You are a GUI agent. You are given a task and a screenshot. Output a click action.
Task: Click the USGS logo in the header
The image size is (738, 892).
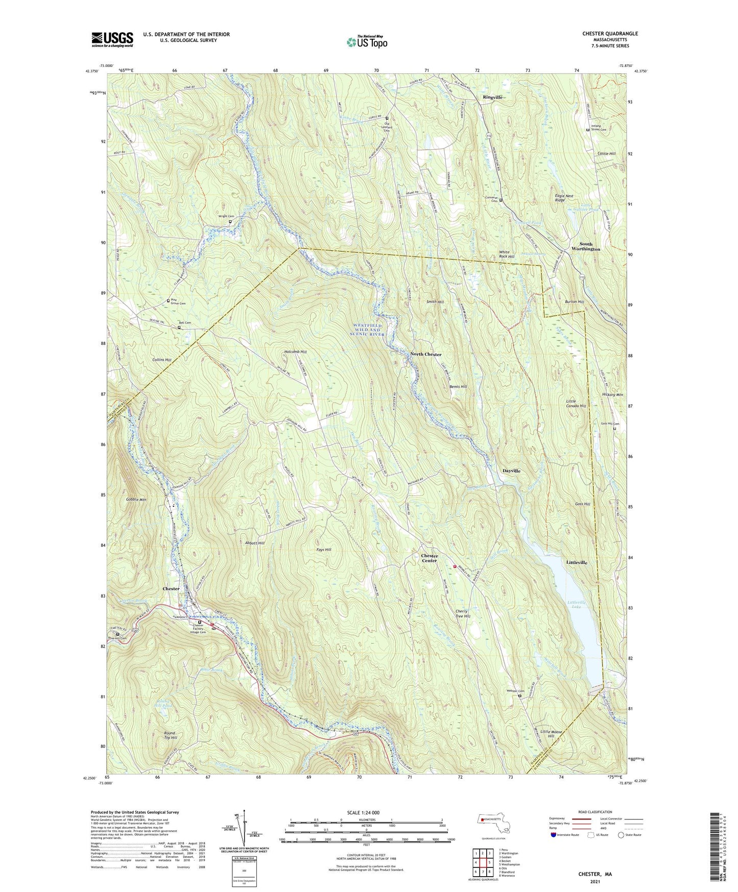pyautogui.click(x=112, y=39)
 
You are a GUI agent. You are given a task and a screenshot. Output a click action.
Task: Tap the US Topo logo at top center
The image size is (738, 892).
pyautogui.click(x=367, y=42)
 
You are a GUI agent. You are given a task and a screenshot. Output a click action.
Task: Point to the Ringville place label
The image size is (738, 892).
pyautogui.click(x=493, y=97)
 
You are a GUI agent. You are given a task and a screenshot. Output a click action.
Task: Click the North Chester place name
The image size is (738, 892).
pyautogui.click(x=426, y=354)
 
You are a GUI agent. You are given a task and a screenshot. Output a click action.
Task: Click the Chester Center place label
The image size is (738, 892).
pyautogui.click(x=430, y=558)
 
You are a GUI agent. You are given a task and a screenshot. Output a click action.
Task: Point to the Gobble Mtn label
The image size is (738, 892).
pyautogui.click(x=136, y=500)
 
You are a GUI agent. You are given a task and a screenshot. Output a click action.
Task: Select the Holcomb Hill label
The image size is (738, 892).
pyautogui.click(x=296, y=352)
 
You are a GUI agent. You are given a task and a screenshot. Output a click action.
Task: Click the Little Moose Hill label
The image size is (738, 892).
pyautogui.click(x=551, y=734)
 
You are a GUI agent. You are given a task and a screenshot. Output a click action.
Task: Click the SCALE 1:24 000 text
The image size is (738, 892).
pyautogui.click(x=363, y=812)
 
